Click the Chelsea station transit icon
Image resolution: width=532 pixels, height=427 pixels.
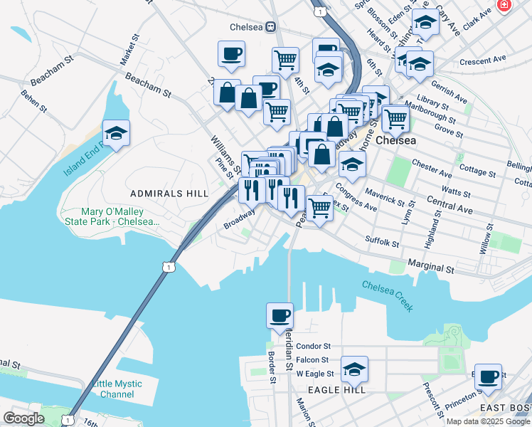[x=271, y=27]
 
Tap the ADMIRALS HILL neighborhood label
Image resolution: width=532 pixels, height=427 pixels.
[x=169, y=194]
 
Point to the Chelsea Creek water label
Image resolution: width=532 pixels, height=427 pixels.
[x=388, y=295]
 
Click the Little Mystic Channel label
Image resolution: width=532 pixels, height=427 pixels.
[x=117, y=389]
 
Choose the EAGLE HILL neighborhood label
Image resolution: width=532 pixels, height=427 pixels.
[x=336, y=390]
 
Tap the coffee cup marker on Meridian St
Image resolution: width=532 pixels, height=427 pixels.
[x=280, y=315]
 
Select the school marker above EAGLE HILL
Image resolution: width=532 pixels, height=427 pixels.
[x=353, y=369]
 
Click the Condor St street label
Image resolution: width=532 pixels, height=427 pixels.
[x=314, y=346]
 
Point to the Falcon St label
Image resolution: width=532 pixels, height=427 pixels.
[x=312, y=360]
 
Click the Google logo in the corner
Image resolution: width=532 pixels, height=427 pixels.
[x=23, y=418]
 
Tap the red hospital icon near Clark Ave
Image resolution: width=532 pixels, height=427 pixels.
[x=504, y=5]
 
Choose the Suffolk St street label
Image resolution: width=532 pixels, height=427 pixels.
[x=382, y=242]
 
